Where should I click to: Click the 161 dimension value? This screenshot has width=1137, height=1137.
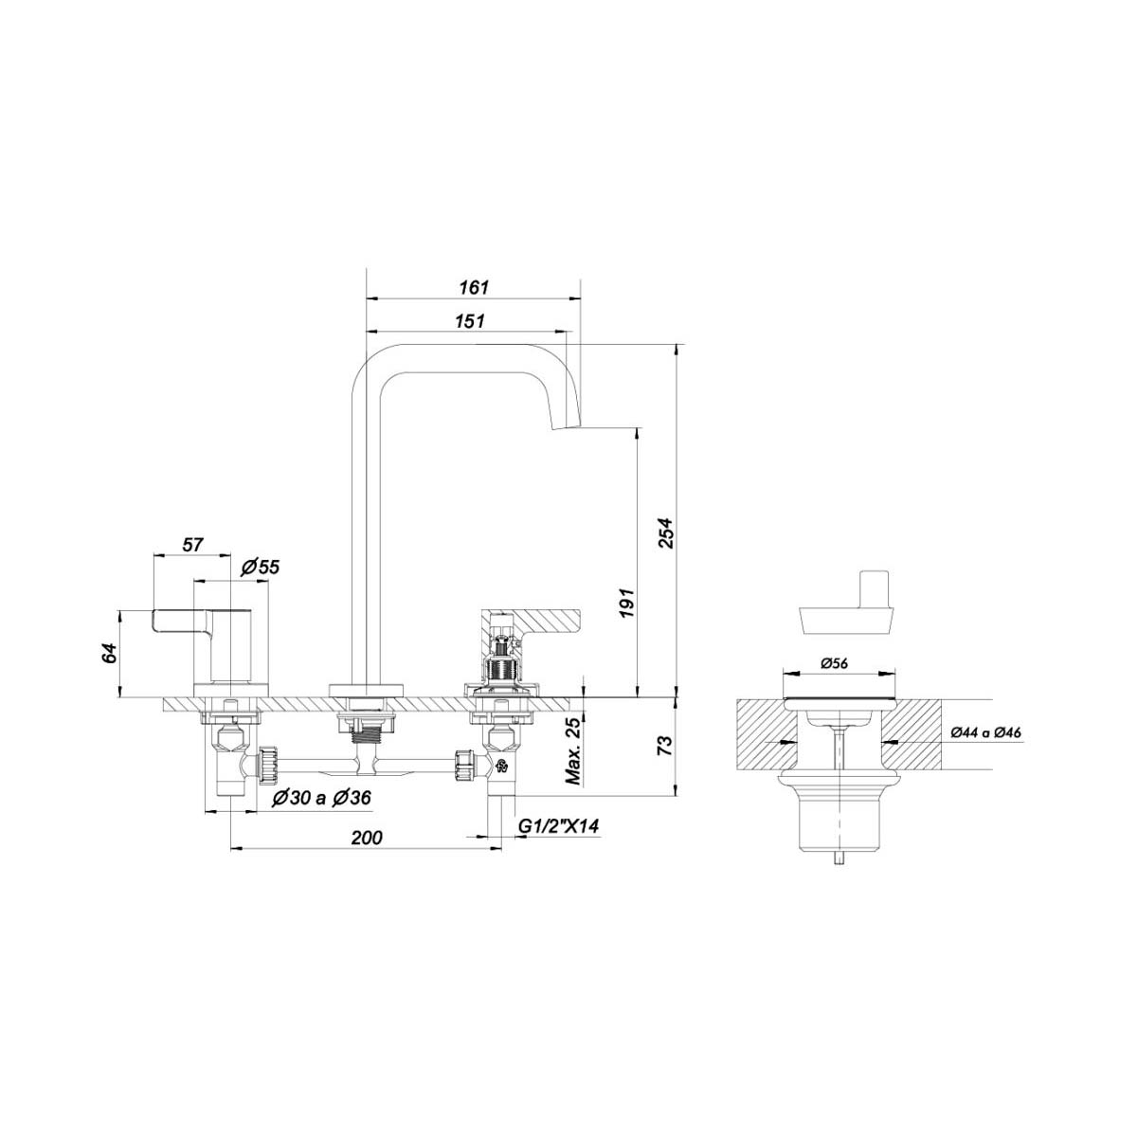[x=474, y=287]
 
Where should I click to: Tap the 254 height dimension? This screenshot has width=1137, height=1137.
[x=665, y=532]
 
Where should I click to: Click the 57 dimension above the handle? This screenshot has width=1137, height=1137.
[x=192, y=544]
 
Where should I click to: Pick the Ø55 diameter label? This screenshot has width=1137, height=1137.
[x=260, y=567]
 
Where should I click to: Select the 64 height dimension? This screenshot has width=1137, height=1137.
[x=110, y=654]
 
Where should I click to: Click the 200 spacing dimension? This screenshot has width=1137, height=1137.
[x=367, y=837]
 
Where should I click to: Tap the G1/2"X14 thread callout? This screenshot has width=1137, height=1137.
[x=558, y=825]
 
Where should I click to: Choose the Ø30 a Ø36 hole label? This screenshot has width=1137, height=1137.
[x=321, y=798]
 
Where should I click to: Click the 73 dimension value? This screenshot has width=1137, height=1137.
[x=664, y=746]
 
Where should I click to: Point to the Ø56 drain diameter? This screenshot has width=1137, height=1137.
[x=835, y=663]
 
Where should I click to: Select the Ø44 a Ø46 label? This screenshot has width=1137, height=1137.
[x=986, y=732]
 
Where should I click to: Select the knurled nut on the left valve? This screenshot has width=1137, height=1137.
[x=268, y=765]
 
